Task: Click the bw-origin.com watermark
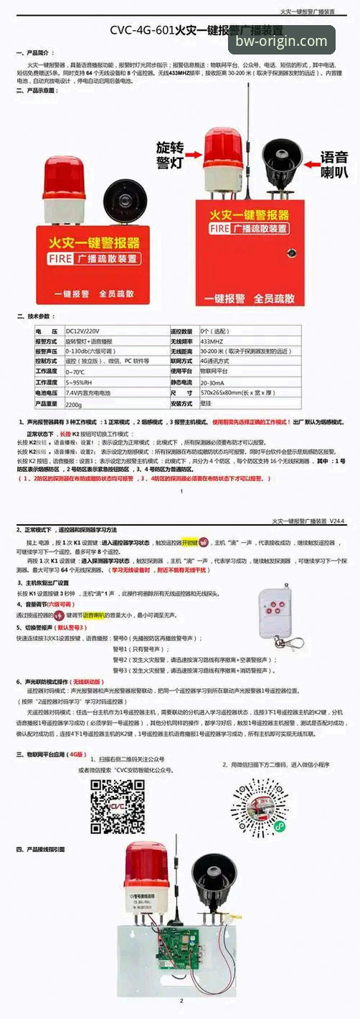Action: (x=281, y=42)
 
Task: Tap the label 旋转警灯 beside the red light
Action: (x=170, y=154)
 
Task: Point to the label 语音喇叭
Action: (x=333, y=163)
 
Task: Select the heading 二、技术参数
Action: (x=35, y=316)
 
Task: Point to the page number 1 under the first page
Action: (x=182, y=491)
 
